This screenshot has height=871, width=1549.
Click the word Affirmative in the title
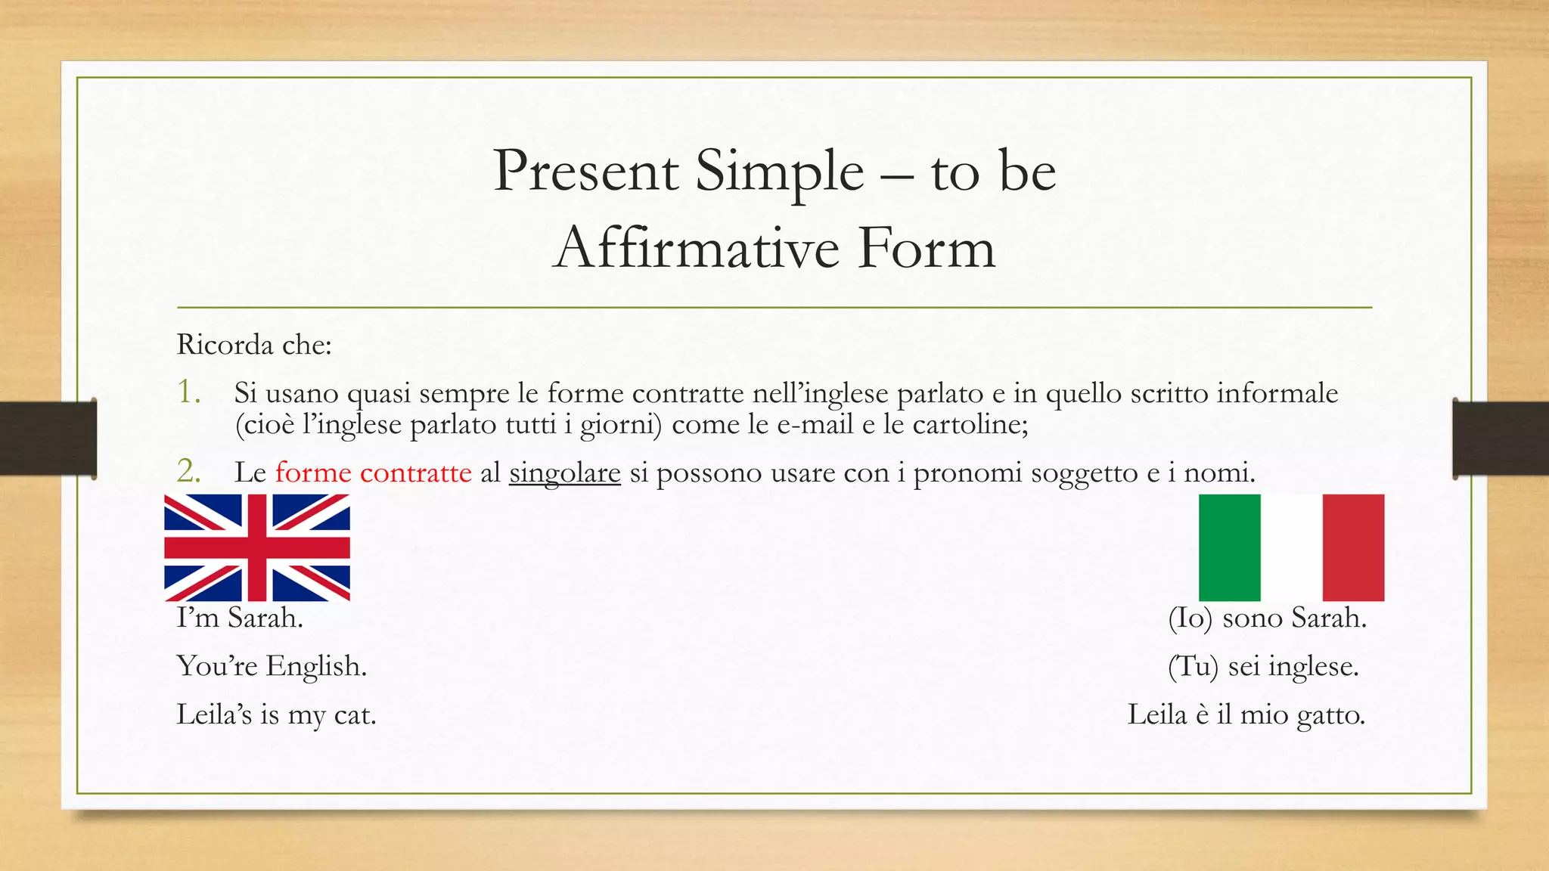tap(696, 248)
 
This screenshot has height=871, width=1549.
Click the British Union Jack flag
tap(257, 547)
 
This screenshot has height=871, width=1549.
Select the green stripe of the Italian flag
tap(1229, 547)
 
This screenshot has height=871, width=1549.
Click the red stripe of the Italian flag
tap(1353, 547)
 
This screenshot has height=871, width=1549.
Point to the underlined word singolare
tap(564, 473)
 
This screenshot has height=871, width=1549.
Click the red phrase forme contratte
tap(374, 473)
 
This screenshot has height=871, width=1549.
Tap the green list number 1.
tap(188, 392)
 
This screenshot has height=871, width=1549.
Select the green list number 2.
tap(188, 472)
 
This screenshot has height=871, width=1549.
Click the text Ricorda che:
tap(254, 345)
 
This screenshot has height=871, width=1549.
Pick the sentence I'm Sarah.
tap(240, 618)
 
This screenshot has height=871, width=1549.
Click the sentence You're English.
tap(272, 667)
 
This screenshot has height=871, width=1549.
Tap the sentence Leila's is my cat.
tap(276, 715)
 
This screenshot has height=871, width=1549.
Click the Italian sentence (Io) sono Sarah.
tap(1267, 618)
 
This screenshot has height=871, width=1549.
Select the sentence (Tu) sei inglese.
tap(1263, 667)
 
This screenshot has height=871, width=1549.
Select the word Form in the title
tap(927, 248)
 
